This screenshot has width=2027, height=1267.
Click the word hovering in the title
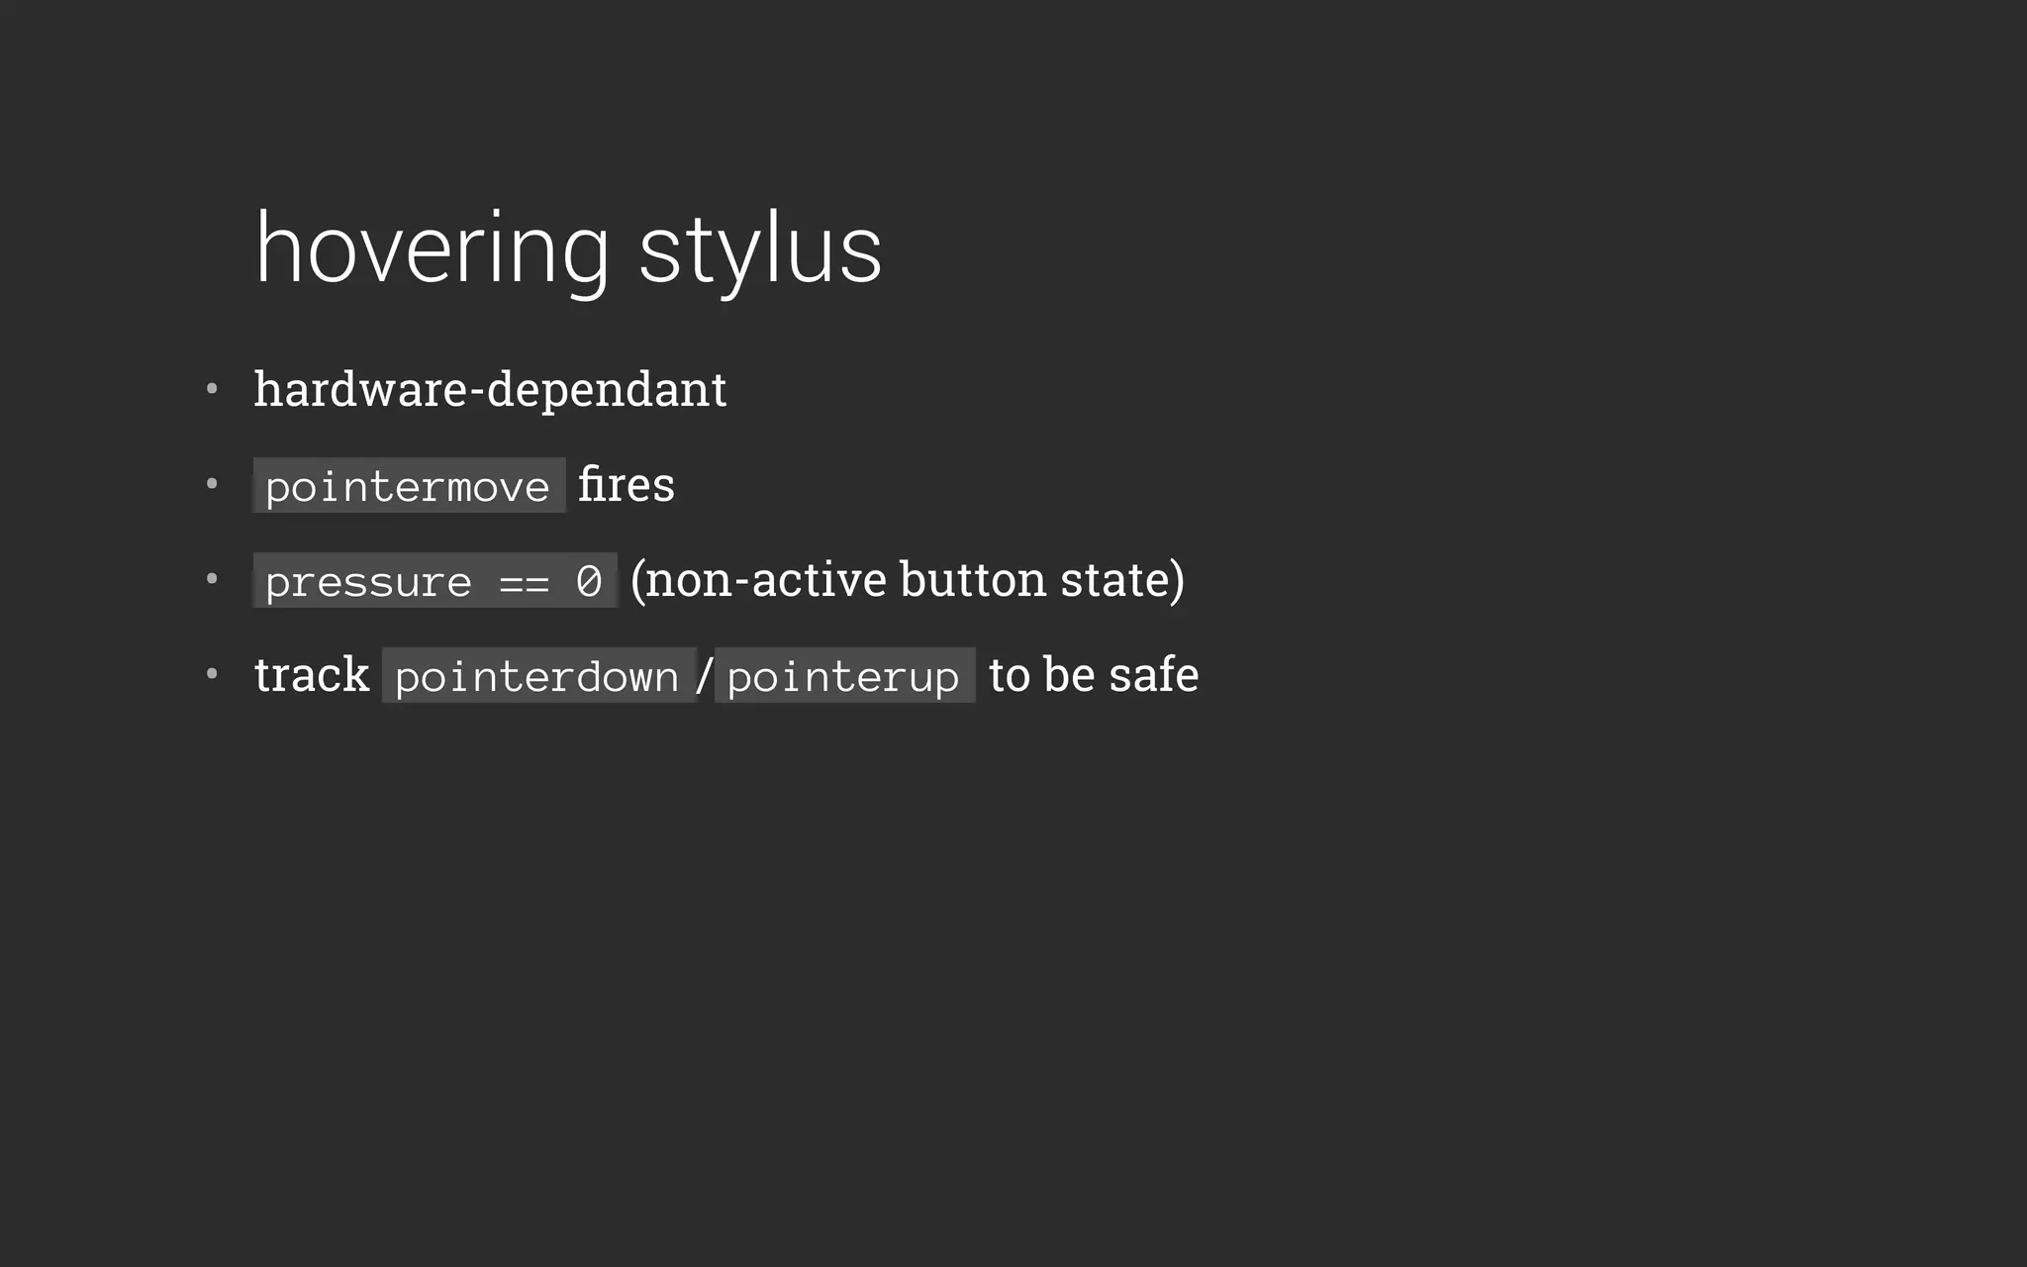(x=432, y=249)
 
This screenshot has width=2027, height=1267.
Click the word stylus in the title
(x=759, y=249)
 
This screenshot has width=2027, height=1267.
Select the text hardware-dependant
(x=490, y=389)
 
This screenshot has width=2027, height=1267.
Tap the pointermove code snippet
(x=408, y=486)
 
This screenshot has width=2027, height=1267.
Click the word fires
(x=626, y=485)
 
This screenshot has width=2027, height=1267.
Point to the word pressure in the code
(x=368, y=581)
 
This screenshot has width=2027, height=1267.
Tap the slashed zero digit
(x=589, y=581)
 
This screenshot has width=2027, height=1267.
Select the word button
(x=972, y=579)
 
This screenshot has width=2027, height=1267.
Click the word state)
(x=1122, y=580)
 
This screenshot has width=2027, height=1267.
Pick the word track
(x=311, y=675)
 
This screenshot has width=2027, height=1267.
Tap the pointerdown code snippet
(x=537, y=676)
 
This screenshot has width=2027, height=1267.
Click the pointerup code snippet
(x=843, y=676)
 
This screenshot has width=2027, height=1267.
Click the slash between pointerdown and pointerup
(x=704, y=676)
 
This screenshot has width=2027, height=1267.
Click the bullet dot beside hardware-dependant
(x=212, y=389)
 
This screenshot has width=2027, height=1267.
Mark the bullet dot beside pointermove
(x=212, y=484)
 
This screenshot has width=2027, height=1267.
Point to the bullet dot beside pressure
(x=212, y=579)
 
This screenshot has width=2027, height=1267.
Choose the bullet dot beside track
(x=212, y=674)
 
